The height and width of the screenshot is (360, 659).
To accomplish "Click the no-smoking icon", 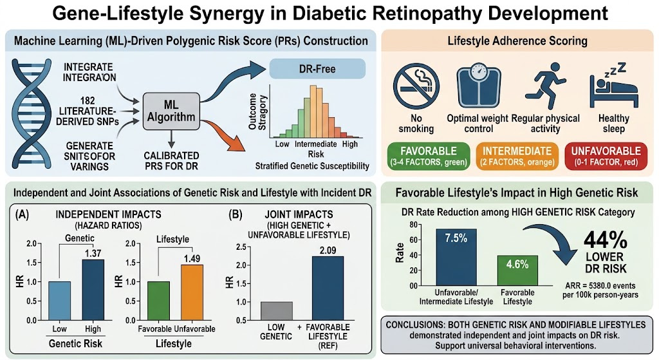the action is [416, 86].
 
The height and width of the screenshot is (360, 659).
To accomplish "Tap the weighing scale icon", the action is [478, 86].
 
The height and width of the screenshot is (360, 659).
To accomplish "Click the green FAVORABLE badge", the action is [428, 156].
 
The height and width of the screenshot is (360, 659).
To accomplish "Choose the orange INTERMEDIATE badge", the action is [517, 156].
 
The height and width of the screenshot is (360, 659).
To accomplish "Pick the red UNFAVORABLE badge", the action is [606, 156].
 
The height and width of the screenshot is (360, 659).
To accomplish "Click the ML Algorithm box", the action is [171, 111].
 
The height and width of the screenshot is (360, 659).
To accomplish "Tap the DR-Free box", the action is [317, 68].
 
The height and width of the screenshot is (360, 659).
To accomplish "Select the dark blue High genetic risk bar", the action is [93, 290].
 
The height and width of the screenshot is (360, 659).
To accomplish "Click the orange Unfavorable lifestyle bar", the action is [192, 293].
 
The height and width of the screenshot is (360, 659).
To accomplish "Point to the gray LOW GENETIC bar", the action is [277, 311].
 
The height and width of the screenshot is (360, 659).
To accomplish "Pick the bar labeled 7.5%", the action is [456, 258].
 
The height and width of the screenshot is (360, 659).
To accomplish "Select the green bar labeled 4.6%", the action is [517, 270].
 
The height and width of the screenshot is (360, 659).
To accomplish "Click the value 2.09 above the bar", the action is [328, 251].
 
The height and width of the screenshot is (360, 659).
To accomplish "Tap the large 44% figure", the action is [605, 241].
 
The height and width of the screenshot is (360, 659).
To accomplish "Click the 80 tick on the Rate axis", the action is [414, 225].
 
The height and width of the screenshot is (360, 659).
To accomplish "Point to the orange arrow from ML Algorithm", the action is [223, 134].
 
